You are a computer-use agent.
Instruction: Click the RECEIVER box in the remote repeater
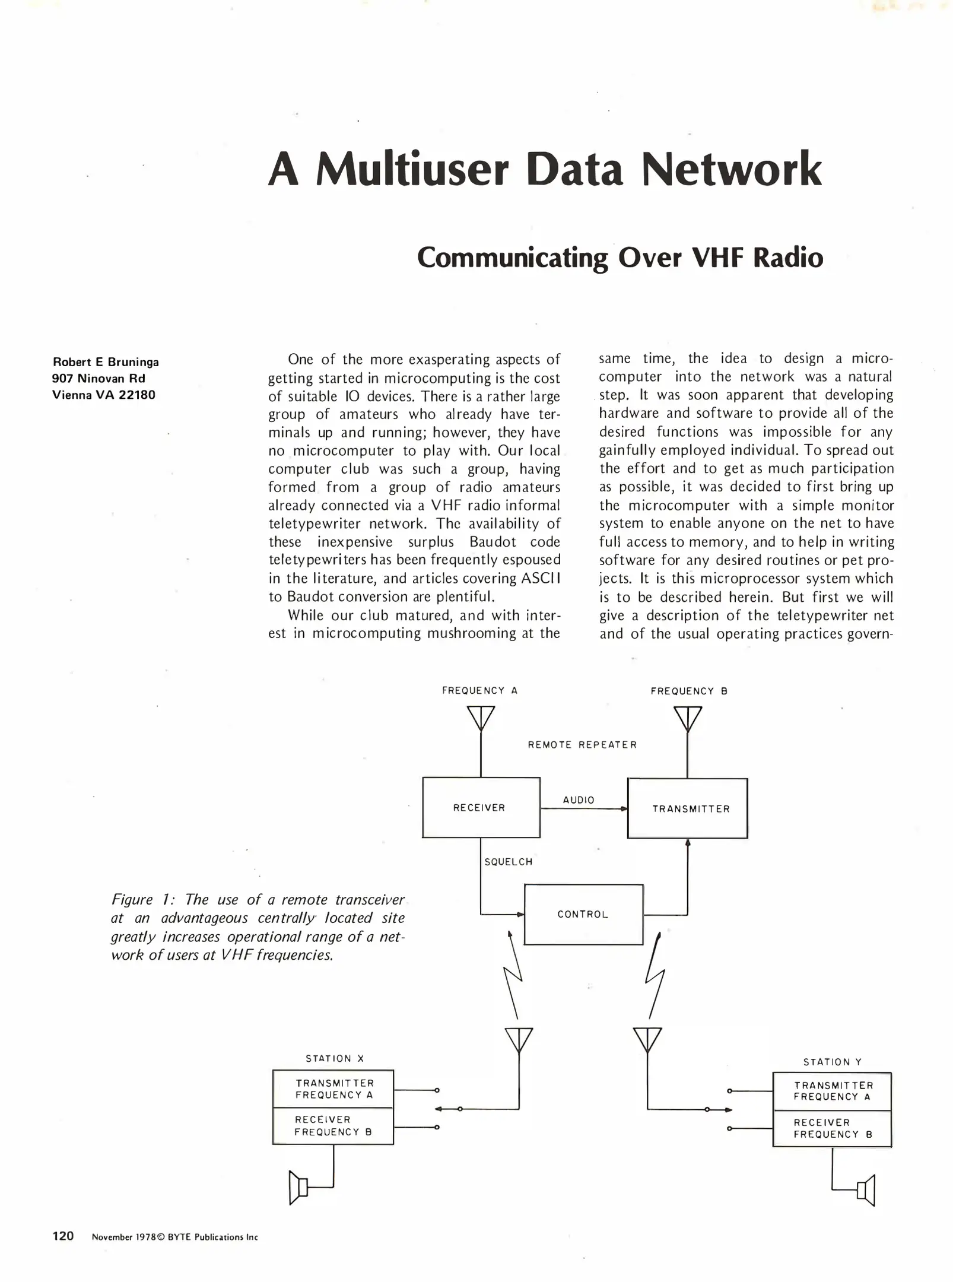pos(481,807)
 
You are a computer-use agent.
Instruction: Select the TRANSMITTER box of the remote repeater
pos(687,808)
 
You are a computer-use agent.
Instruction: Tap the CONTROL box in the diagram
pos(583,915)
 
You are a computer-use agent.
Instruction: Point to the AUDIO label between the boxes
pos(579,800)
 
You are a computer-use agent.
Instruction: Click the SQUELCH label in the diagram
pos(509,862)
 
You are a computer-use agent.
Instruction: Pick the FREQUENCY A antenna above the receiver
pos(481,718)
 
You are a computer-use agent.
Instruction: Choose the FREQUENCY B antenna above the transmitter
pos(688,718)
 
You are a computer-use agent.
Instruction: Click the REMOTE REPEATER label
pos(582,745)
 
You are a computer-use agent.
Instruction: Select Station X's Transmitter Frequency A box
pos(333,1089)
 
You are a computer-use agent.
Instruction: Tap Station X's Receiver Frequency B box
pos(333,1126)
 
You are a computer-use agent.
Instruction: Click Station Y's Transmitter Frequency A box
pos(832,1091)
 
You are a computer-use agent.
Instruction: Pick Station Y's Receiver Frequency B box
pos(832,1128)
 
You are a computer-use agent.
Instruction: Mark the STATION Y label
pos(832,1062)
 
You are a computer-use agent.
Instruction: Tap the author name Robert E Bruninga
pos(106,362)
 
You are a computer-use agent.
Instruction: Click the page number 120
pos(63,1236)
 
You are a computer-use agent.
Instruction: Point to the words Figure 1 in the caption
pos(134,900)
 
